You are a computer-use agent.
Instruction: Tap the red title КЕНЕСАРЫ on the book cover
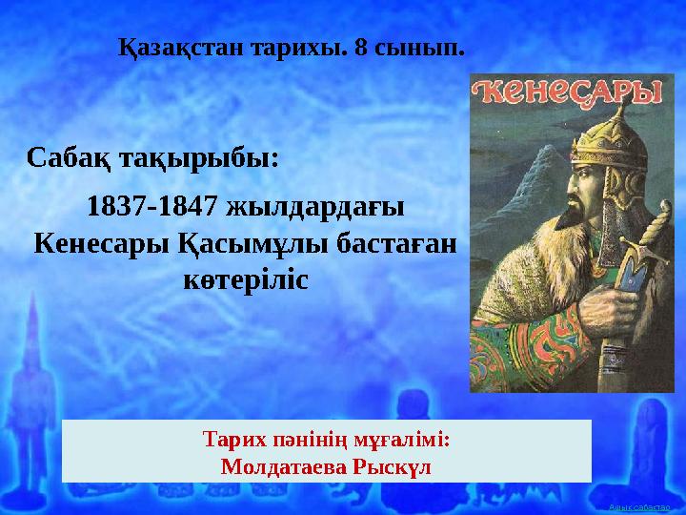pyautogui.click(x=568, y=93)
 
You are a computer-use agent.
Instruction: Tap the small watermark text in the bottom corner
pyautogui.click(x=640, y=506)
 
